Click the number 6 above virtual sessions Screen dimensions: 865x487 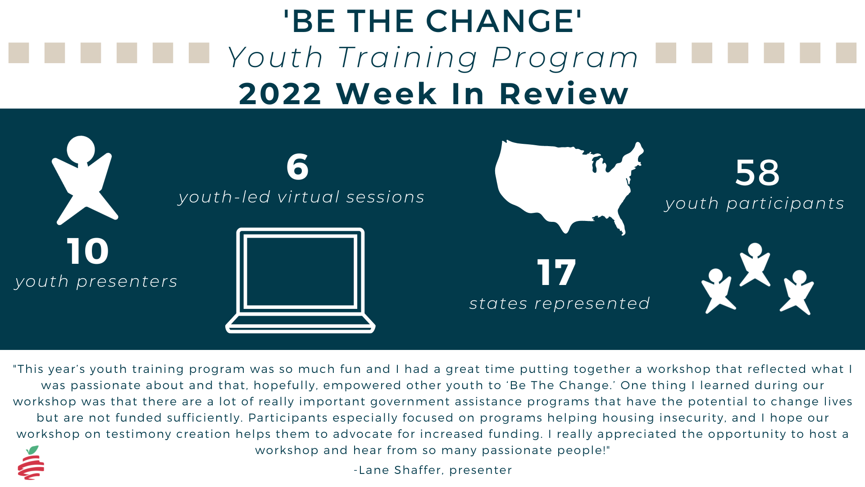tap(297, 166)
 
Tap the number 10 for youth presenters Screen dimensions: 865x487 tap(88, 251)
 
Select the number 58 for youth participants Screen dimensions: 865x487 tap(757, 173)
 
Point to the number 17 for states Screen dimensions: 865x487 tap(556, 272)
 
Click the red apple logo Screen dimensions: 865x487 tap(31, 463)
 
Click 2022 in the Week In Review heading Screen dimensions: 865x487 tap(280, 94)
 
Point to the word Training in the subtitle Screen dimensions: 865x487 tap(408, 59)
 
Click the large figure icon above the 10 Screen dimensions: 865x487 tap(85, 180)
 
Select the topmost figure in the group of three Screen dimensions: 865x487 tap(755, 265)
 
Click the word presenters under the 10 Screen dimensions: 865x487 tap(127, 282)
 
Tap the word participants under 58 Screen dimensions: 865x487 tap(785, 204)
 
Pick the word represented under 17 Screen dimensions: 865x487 tap(592, 304)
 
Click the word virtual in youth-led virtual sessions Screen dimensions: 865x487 tap(309, 197)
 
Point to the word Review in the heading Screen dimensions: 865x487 tap(564, 94)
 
